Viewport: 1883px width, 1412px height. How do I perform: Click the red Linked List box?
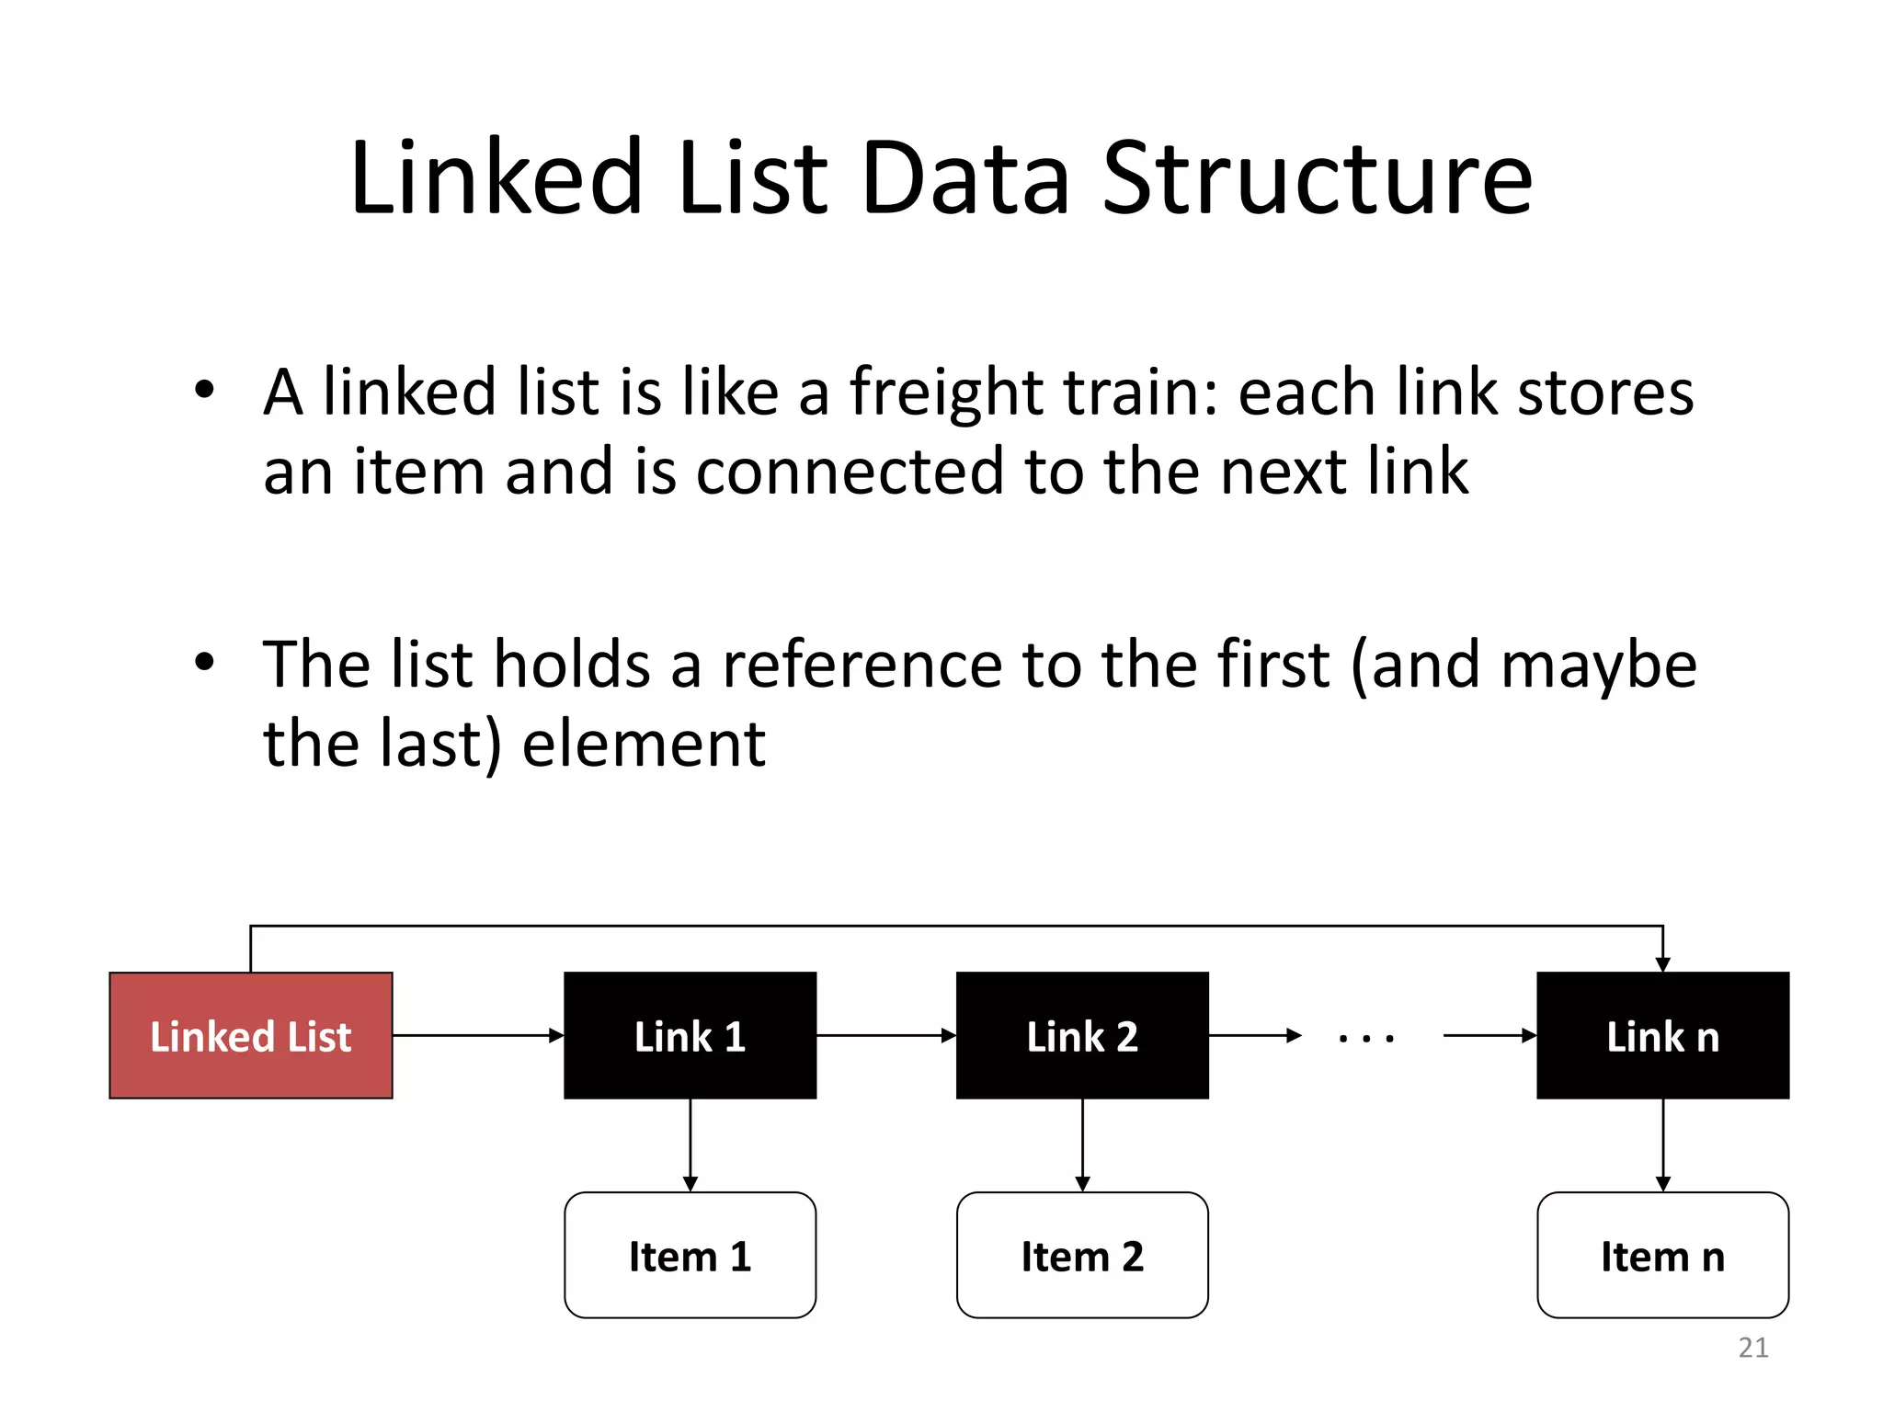coord(250,1035)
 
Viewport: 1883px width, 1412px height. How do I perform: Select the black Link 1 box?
coord(690,1035)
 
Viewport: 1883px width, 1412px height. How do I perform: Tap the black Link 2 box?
coord(1082,1035)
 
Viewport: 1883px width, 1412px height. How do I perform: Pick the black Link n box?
coord(1662,1035)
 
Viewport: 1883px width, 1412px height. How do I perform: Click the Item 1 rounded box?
coord(690,1255)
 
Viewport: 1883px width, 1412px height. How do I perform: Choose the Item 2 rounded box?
coord(1082,1255)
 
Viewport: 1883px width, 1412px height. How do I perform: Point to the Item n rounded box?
coord(1662,1255)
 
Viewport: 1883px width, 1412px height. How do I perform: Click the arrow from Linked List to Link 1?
coord(478,1035)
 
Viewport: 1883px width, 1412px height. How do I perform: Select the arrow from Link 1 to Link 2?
coord(886,1035)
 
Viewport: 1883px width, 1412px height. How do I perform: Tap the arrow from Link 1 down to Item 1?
coord(690,1144)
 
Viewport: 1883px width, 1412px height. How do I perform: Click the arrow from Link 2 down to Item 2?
coord(1082,1144)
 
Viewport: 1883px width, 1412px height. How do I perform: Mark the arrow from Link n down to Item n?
coord(1662,1144)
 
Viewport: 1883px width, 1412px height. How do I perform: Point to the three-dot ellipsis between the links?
coord(1366,1038)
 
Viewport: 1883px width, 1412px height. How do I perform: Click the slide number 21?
coord(1752,1348)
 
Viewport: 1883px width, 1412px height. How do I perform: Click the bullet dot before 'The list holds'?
coord(204,661)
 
